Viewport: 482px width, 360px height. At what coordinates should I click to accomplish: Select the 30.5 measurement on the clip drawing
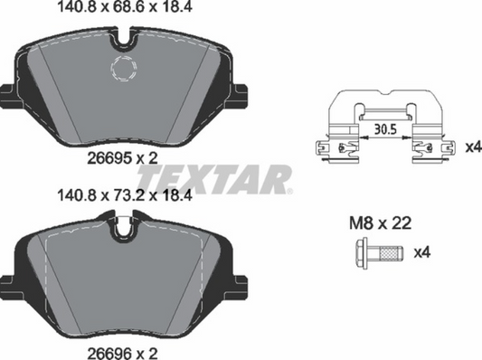[387, 129]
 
